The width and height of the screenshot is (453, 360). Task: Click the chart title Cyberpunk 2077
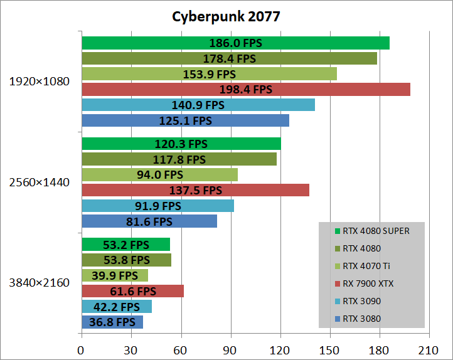tap(226, 16)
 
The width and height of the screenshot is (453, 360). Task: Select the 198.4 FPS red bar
tap(246, 89)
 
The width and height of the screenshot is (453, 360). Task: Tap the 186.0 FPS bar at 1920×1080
tap(235, 43)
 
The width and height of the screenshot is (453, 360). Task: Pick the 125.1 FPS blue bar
tap(185, 120)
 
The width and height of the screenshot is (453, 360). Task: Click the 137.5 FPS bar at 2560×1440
tap(195, 189)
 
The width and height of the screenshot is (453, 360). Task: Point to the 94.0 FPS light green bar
tap(159, 174)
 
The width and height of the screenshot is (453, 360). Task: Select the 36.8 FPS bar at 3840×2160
tap(112, 322)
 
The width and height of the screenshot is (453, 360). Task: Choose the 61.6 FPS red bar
tap(132, 291)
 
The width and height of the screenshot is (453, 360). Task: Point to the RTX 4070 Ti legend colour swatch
tap(338, 266)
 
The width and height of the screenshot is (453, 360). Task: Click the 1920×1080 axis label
tap(39, 82)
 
